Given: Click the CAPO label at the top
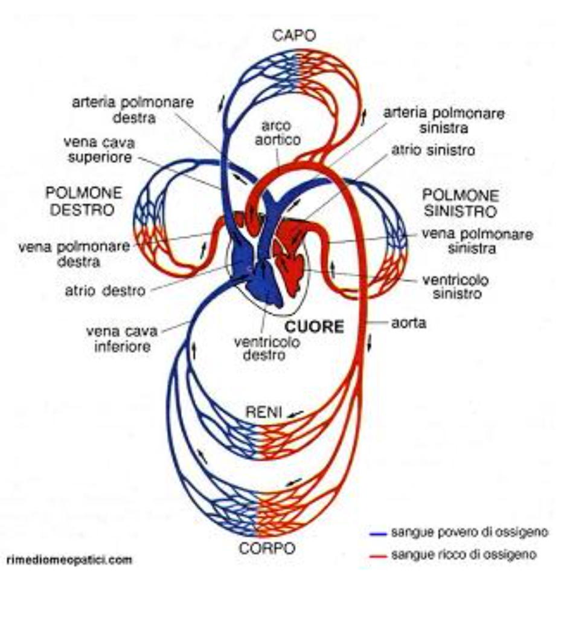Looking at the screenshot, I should click(294, 36).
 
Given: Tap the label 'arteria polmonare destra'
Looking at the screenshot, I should click(133, 110).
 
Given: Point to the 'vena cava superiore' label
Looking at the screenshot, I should click(99, 150).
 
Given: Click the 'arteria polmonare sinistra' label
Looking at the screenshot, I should click(444, 120).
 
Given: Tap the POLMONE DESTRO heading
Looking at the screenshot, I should click(84, 201).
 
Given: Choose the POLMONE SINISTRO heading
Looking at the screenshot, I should click(460, 204).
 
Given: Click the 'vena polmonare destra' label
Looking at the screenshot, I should click(74, 254).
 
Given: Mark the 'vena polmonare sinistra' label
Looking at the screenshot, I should click(476, 240).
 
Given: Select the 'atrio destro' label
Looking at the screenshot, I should click(105, 291).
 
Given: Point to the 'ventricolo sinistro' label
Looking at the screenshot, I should click(456, 287).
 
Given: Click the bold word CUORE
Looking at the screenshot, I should click(314, 327).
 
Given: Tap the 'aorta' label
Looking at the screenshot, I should click(408, 323).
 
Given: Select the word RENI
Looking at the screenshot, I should click(264, 411).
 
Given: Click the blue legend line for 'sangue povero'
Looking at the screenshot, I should click(377, 534).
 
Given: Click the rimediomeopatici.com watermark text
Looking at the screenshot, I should click(69, 560).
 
